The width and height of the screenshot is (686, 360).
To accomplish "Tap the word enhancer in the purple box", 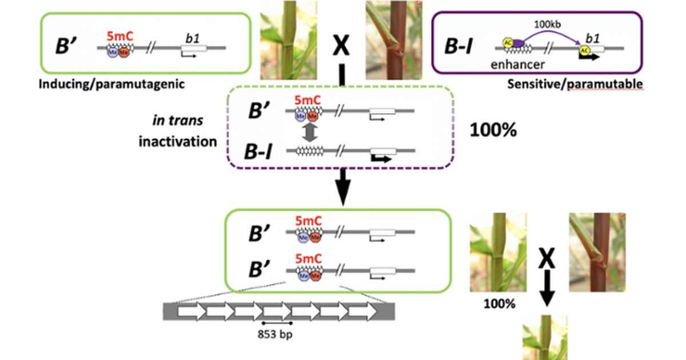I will [x=517, y=64].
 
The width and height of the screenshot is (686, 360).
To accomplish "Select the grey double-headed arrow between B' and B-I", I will [x=309, y=133].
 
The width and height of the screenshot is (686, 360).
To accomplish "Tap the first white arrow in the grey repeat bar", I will [x=190, y=311].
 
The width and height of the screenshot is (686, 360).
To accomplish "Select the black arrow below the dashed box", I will [x=342, y=189].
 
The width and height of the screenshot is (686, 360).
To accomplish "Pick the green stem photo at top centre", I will [x=288, y=40].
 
